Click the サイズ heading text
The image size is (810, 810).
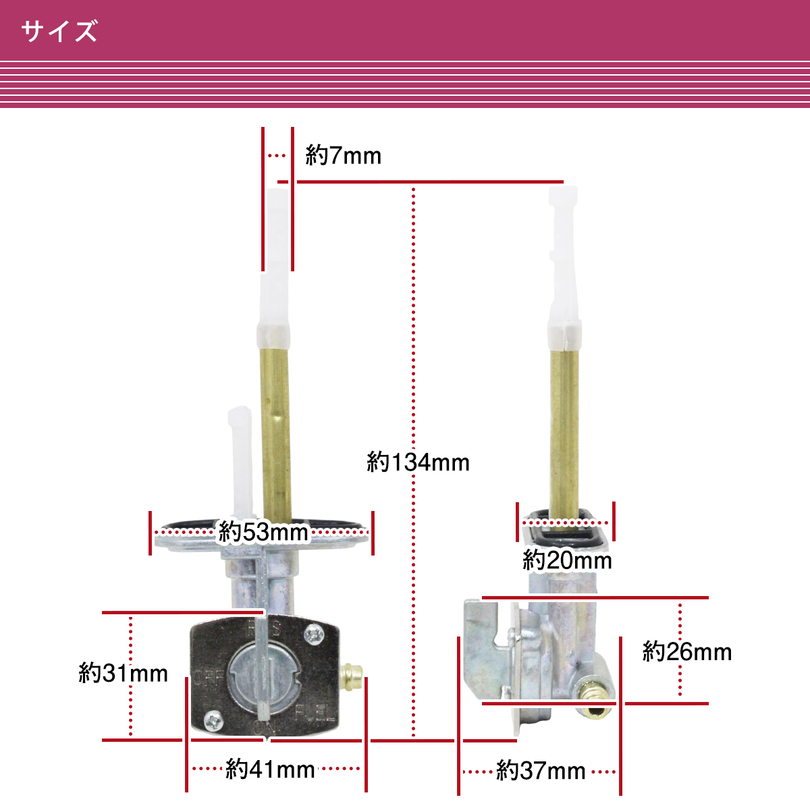point(59,31)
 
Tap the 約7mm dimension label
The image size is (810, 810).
point(343,155)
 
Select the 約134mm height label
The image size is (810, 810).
point(418,462)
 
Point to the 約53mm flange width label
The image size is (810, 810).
point(263,532)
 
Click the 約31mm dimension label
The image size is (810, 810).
point(123,673)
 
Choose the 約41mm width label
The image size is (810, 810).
point(270,769)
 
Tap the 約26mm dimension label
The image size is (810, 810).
point(687,652)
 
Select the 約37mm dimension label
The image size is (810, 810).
point(541,770)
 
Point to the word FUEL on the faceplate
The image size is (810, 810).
point(315,713)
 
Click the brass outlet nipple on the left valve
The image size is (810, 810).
point(352,680)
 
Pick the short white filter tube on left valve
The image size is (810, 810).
point(241,462)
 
